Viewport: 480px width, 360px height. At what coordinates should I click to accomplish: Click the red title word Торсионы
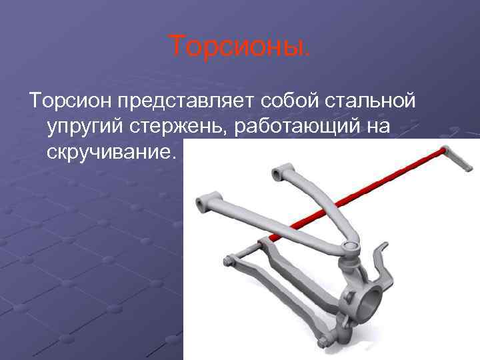click(x=239, y=46)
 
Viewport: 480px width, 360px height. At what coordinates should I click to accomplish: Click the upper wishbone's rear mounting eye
click(x=279, y=175)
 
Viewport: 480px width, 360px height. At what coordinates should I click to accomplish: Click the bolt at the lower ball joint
click(x=323, y=342)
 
